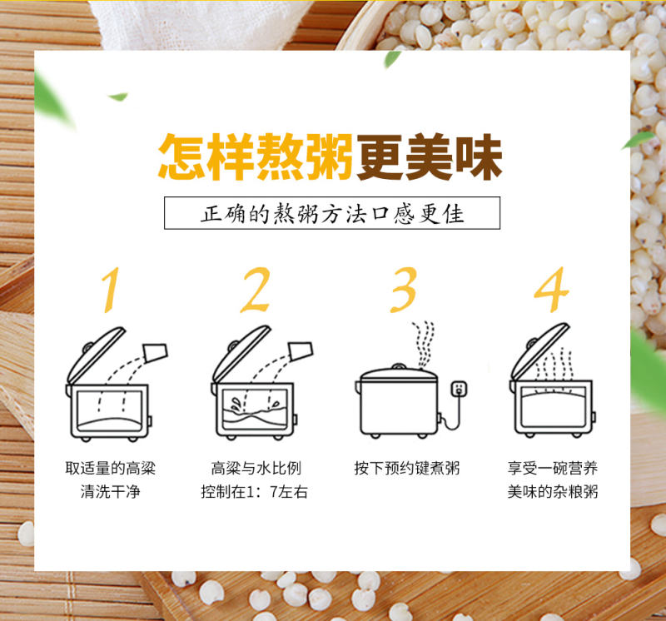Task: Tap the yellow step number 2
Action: (x=256, y=291)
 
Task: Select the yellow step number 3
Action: (x=404, y=291)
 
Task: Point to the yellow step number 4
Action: (x=551, y=291)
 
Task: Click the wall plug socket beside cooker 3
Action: (x=459, y=389)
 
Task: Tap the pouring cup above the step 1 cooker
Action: (x=156, y=353)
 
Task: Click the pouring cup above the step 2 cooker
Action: (x=301, y=350)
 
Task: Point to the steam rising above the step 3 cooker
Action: (x=423, y=344)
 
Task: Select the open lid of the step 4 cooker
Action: (x=539, y=350)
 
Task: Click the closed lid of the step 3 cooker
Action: (x=399, y=374)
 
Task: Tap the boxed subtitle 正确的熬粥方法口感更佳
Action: (x=332, y=213)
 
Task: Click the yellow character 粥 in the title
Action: (x=330, y=156)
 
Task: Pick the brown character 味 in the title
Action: (x=479, y=156)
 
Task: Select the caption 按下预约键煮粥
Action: (x=407, y=468)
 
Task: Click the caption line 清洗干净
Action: (x=111, y=491)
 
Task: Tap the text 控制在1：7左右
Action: (x=255, y=491)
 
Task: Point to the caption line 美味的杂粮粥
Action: (x=553, y=491)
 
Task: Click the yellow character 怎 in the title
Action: (x=182, y=156)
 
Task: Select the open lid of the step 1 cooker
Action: (x=97, y=355)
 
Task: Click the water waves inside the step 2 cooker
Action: (x=255, y=415)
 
